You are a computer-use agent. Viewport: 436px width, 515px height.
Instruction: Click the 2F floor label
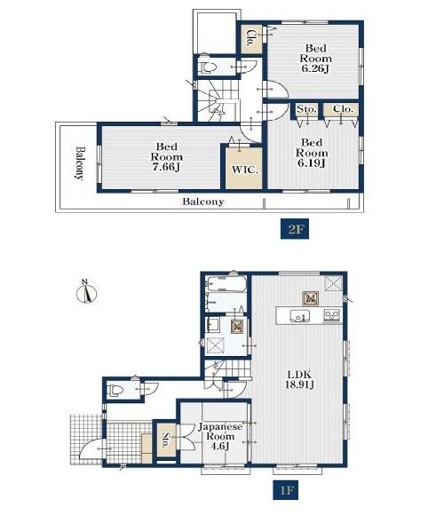pos(295,229)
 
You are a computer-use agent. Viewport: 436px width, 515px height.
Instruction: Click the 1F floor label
pos(286,490)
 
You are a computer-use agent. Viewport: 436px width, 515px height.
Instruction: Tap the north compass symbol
pos(86,291)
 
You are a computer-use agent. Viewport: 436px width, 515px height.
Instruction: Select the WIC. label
pos(245,170)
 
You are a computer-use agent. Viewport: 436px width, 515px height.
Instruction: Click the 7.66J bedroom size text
pos(167,167)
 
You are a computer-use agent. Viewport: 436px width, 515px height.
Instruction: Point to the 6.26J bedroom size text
pos(315,68)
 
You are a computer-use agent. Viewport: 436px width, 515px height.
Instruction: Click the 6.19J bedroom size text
pos(312,162)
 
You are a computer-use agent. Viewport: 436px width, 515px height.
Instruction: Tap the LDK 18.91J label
pos(299,379)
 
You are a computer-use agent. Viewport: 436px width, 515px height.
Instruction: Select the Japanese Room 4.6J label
pos(220,436)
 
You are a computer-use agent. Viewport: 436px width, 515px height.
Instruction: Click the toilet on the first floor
pos(115,390)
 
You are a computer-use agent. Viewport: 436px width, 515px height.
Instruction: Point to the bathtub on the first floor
pos(226,284)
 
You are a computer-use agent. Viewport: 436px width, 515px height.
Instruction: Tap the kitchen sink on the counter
pos(299,316)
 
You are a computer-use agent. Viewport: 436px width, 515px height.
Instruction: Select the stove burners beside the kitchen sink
pos(332,315)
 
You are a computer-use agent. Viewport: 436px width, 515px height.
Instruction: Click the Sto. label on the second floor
pos(306,109)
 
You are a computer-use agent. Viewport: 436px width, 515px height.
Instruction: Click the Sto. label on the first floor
pos(165,440)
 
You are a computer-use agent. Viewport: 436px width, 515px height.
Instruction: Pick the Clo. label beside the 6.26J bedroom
pos(251,38)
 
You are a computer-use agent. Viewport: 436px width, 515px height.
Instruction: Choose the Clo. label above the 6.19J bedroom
pos(343,109)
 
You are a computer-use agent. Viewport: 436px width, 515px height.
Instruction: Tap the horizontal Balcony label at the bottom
pos(203,202)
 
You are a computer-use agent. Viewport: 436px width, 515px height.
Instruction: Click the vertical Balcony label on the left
pos(80,162)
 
